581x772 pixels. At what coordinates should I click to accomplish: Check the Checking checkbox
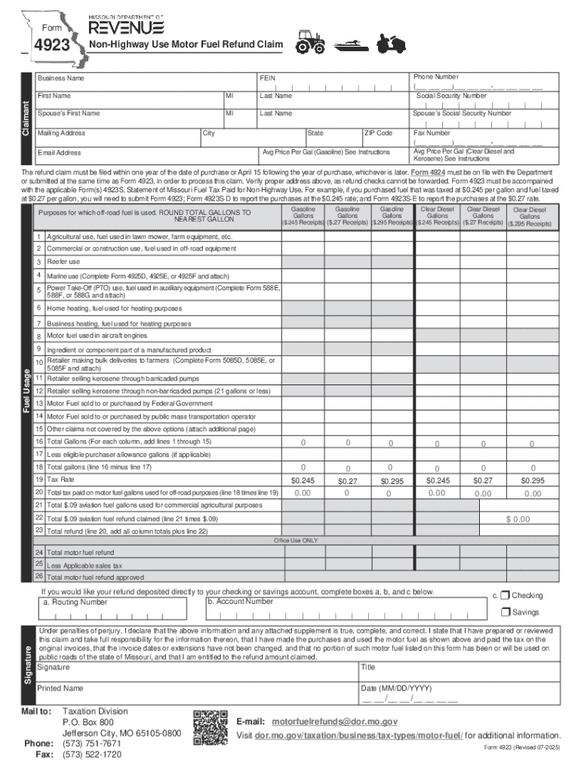pos(506,595)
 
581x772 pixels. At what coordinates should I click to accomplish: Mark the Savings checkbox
pos(506,612)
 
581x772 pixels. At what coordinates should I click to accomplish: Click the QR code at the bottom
pos(210,728)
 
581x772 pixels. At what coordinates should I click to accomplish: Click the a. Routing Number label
pos(75,602)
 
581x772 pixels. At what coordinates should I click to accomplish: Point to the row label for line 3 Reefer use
pos(63,262)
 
